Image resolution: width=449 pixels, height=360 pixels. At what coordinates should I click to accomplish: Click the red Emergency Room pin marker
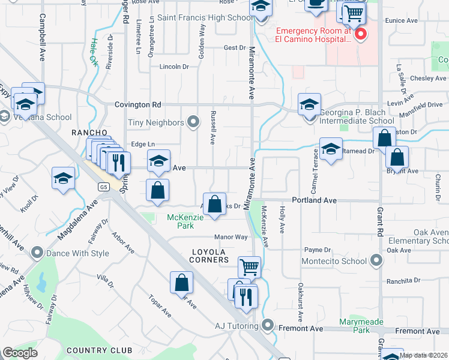point(360,34)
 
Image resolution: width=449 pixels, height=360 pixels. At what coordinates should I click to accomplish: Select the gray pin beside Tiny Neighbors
point(193,122)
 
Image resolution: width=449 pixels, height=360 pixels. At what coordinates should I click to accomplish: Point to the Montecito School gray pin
point(376,260)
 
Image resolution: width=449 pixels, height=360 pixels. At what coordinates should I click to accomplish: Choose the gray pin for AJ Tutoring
point(268,326)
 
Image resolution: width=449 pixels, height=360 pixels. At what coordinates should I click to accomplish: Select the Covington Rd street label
point(138,104)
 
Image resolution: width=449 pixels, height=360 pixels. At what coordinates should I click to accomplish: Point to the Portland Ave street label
point(314,200)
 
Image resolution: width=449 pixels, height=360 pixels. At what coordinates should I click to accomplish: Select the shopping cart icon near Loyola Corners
point(249,267)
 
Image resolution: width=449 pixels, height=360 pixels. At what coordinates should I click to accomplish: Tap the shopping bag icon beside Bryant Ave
point(397,157)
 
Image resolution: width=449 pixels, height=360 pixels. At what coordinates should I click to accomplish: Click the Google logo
point(20,353)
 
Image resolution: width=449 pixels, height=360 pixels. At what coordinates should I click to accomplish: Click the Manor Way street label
point(231,237)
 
